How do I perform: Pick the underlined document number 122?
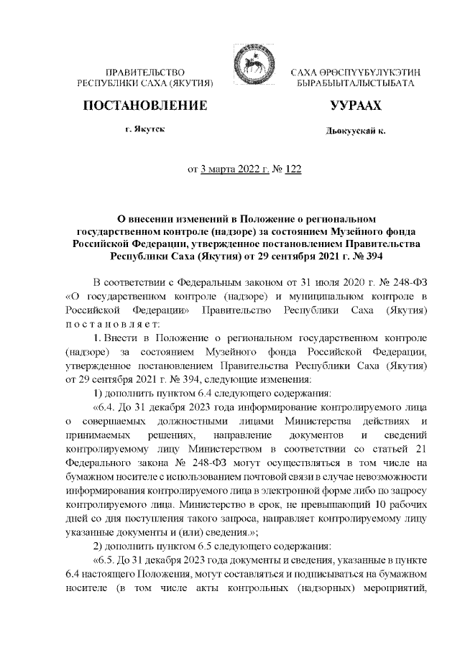(x=293, y=170)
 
